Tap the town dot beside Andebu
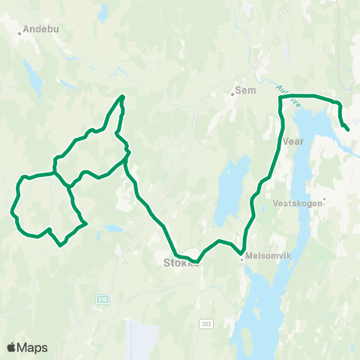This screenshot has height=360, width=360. (x=19, y=33)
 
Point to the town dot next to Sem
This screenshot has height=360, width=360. (x=232, y=94)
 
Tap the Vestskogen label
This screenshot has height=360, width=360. (x=297, y=202)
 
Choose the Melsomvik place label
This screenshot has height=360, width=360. (x=264, y=255)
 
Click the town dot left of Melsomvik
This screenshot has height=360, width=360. (x=241, y=256)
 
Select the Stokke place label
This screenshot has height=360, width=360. (x=181, y=263)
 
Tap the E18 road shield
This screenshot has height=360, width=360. (x=101, y=298)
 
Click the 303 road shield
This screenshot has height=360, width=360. (x=206, y=323)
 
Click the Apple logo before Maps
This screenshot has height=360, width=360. (x=12, y=347)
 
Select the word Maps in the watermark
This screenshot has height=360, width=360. (x=32, y=347)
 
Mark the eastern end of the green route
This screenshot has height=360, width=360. (x=348, y=130)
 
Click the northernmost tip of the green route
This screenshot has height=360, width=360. (x=123, y=96)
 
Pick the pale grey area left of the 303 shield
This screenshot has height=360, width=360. (x=146, y=337)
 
